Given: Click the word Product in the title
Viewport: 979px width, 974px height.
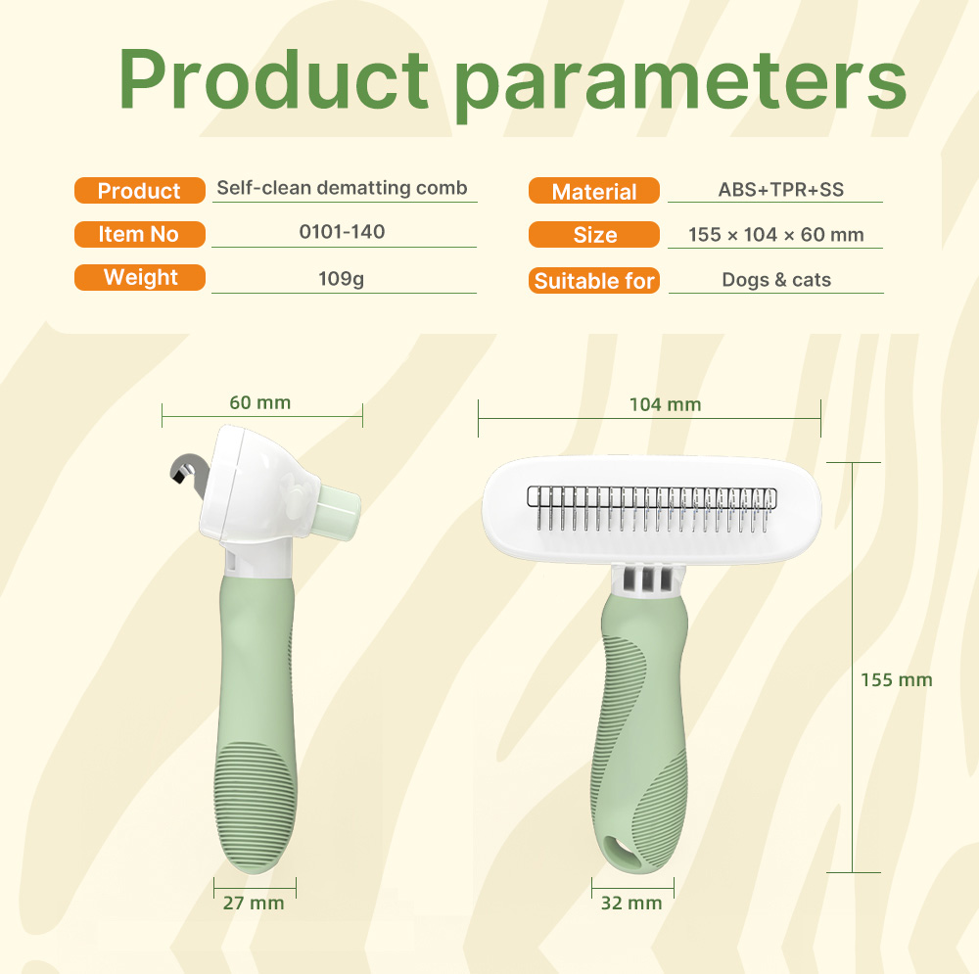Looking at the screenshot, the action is tap(273, 79).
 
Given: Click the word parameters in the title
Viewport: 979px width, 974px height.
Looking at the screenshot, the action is tap(680, 85).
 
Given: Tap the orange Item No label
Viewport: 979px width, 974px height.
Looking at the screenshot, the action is tap(140, 234).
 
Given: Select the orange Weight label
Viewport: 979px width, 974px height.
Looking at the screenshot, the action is tap(140, 277).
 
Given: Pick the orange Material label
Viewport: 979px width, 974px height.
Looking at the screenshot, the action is tap(594, 191).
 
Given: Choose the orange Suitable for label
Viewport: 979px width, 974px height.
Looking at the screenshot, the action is tap(594, 280).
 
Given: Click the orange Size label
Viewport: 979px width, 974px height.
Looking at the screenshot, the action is tap(594, 235).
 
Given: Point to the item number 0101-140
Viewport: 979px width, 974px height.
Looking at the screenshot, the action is tap(342, 232).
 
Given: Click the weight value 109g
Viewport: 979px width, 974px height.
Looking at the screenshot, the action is tap(341, 278).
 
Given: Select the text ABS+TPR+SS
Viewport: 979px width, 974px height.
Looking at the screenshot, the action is tap(780, 189).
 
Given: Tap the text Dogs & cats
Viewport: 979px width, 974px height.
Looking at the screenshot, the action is tap(776, 280).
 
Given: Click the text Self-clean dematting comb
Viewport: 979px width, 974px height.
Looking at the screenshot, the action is tap(342, 187).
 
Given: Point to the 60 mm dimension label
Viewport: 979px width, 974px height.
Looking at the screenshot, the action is tap(260, 402).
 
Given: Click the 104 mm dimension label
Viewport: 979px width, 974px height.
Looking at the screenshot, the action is tap(665, 404).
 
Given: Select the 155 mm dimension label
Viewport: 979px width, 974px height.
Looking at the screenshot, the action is tap(897, 680).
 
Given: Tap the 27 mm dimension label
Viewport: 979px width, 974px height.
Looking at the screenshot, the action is tap(254, 903).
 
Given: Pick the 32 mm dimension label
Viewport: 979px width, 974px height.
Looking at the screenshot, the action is tap(631, 903).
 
